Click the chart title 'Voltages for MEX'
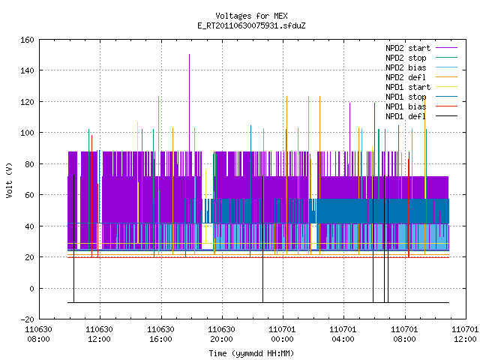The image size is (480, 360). click(251, 16)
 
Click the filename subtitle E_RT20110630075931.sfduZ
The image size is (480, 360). click(251, 25)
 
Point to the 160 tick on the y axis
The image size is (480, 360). click(27, 40)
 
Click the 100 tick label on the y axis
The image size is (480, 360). click(27, 133)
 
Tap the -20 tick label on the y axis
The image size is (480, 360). click(27, 319)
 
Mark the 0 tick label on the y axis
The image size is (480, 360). click(31, 288)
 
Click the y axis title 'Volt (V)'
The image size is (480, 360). click(9, 180)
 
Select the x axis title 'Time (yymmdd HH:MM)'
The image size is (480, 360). click(251, 353)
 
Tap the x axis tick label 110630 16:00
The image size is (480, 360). click(160, 334)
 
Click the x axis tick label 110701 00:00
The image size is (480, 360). click(282, 334)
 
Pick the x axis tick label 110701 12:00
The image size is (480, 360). click(465, 334)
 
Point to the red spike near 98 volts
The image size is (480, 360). click(91, 196)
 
